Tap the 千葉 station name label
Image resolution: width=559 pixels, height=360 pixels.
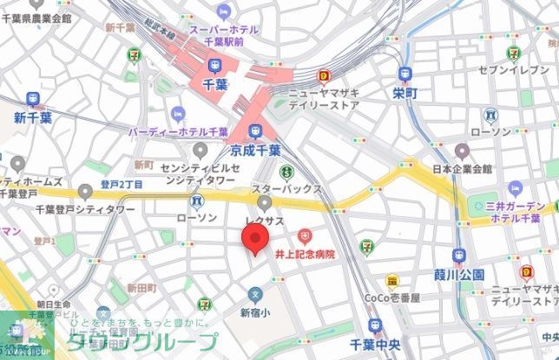tap(214, 83)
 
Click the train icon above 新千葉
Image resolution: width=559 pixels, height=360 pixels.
tap(33, 99)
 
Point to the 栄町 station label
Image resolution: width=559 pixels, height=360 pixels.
tap(405, 93)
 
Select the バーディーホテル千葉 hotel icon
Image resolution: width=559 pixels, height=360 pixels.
tap(178, 114)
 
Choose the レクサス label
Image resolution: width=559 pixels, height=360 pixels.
tap(265, 221)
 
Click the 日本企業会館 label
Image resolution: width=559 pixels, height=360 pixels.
tap(462, 168)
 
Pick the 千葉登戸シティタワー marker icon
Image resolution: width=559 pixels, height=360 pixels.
tap(84, 191)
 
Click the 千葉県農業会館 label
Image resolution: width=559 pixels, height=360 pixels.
tap(36, 17)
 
